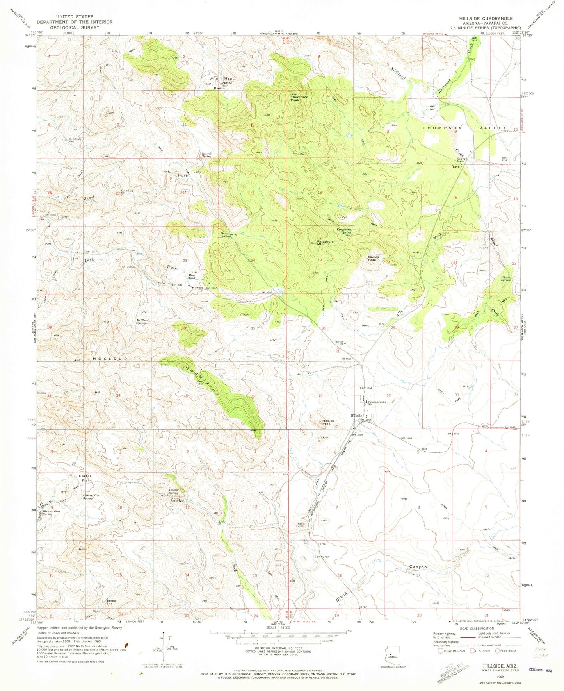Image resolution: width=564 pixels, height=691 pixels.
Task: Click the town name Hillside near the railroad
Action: click(x=357, y=416)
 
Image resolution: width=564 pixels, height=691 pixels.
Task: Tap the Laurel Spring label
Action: click(x=206, y=155)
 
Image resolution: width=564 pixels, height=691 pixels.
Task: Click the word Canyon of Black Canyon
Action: click(x=418, y=566)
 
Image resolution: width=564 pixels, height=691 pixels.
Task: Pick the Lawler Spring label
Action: click(x=173, y=491)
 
